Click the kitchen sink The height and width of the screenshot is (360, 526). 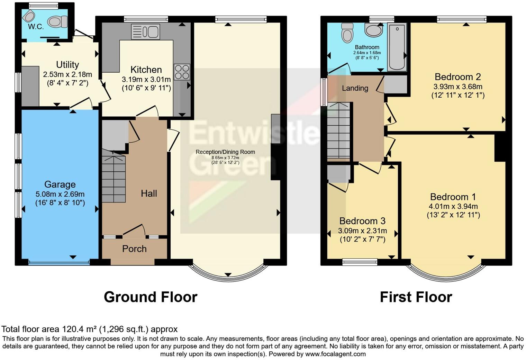pos(145,31)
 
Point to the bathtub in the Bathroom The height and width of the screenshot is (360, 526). pos(397,47)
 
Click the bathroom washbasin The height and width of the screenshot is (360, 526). pos(374,30)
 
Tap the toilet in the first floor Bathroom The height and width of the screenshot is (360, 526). pos(347,32)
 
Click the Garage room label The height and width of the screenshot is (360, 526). pos(60,184)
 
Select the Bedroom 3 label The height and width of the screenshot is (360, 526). pos(362,221)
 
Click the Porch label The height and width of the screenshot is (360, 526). pos(134,249)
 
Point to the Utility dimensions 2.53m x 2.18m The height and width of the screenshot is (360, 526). pos(67,74)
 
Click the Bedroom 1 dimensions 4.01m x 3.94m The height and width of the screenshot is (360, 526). pos(453,207)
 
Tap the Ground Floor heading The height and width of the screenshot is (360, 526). pos(151,297)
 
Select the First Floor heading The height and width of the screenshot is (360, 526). pos(416,297)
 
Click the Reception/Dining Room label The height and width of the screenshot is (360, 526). pos(225,152)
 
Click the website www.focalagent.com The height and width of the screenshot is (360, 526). pos(335,354)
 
